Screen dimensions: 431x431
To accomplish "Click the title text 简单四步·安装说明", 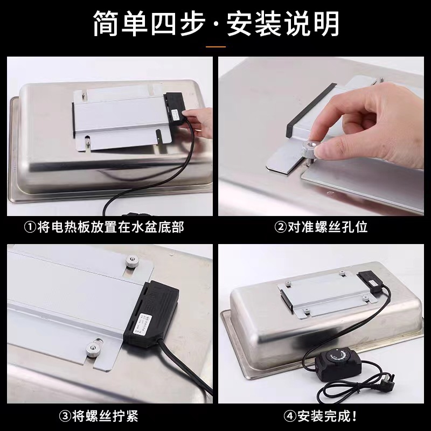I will pyautogui.click(x=215, y=24).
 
